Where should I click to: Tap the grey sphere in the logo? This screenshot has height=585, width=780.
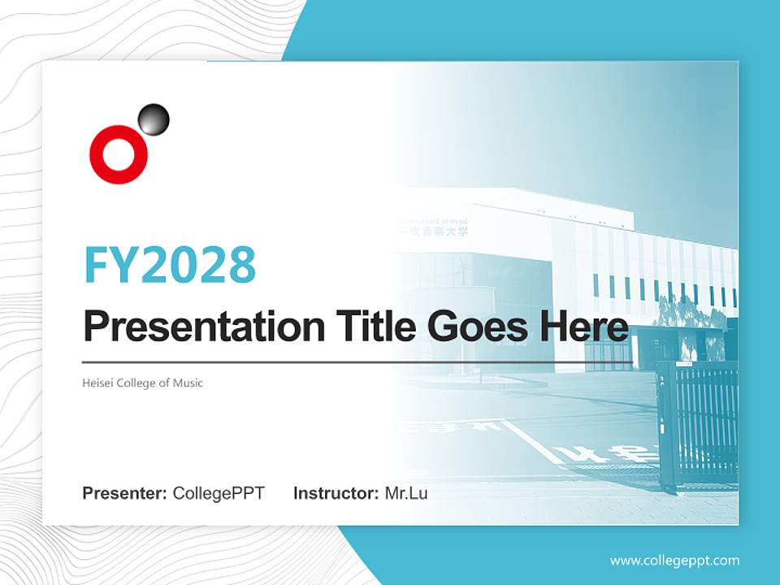point(154,119)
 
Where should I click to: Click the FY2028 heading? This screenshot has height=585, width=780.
point(170,264)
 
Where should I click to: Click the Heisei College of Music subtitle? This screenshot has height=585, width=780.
point(143,383)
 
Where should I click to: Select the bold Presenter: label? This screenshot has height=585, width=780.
point(125,493)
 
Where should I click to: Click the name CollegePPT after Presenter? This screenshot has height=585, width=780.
point(219,493)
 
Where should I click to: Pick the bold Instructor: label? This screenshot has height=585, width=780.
point(336,493)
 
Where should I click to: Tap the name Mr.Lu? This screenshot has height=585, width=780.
point(405,493)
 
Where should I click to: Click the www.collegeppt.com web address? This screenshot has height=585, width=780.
point(674,561)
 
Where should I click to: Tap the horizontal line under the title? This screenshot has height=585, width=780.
point(357,362)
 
